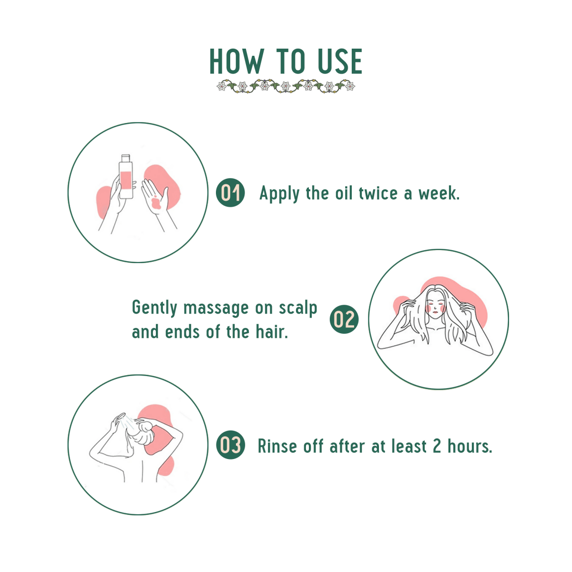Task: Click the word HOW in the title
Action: (236, 61)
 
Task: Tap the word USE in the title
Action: (340, 61)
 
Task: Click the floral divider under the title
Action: (286, 87)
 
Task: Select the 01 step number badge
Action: (231, 193)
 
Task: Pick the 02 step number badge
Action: (344, 319)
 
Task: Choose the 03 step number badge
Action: (231, 445)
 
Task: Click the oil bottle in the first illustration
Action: (126, 177)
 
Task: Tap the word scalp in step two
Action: (298, 308)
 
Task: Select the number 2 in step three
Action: (437, 446)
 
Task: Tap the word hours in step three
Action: (470, 446)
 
